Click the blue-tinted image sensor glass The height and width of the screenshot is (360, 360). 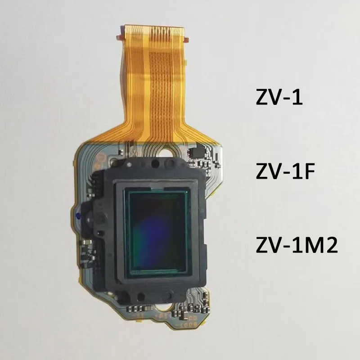pos(157,232)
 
